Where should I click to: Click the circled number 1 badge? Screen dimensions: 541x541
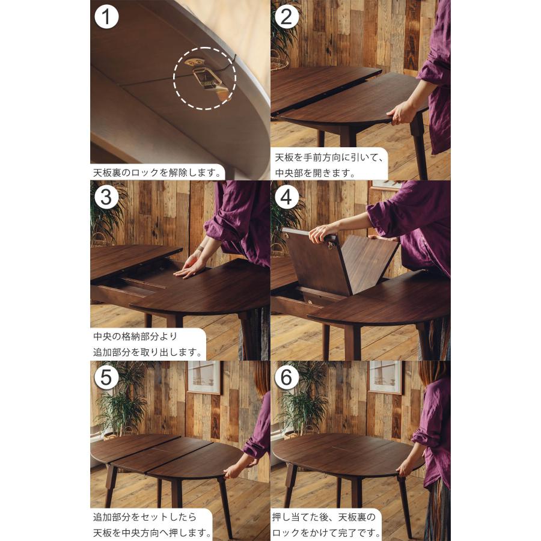pos(106,17)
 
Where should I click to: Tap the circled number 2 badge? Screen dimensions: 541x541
pos(286,17)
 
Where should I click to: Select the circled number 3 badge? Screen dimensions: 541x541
pos(106,197)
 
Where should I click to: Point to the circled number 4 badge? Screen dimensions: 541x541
pos(286,197)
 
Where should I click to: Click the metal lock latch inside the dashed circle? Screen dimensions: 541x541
pos(206,78)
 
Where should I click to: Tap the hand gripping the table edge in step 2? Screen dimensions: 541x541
pos(400,113)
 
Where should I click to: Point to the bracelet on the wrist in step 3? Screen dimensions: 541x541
pos(200,248)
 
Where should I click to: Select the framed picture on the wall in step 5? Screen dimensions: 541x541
pos(204,377)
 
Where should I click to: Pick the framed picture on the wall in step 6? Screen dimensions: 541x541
pos(385,377)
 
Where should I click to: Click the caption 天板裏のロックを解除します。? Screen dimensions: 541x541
pos(157,173)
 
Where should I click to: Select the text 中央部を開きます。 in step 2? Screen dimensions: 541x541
pos(315,173)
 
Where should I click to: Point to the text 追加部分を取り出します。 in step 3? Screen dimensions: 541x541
pos(148,352)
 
